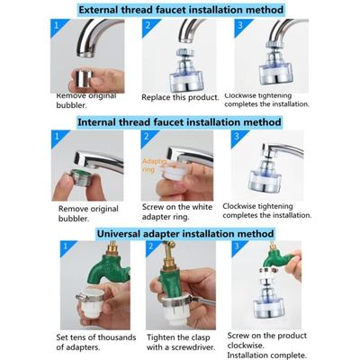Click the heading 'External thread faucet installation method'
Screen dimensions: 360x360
click(x=180, y=10)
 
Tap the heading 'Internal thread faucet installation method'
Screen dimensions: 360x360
click(x=180, y=121)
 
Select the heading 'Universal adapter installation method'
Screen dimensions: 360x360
click(x=180, y=232)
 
